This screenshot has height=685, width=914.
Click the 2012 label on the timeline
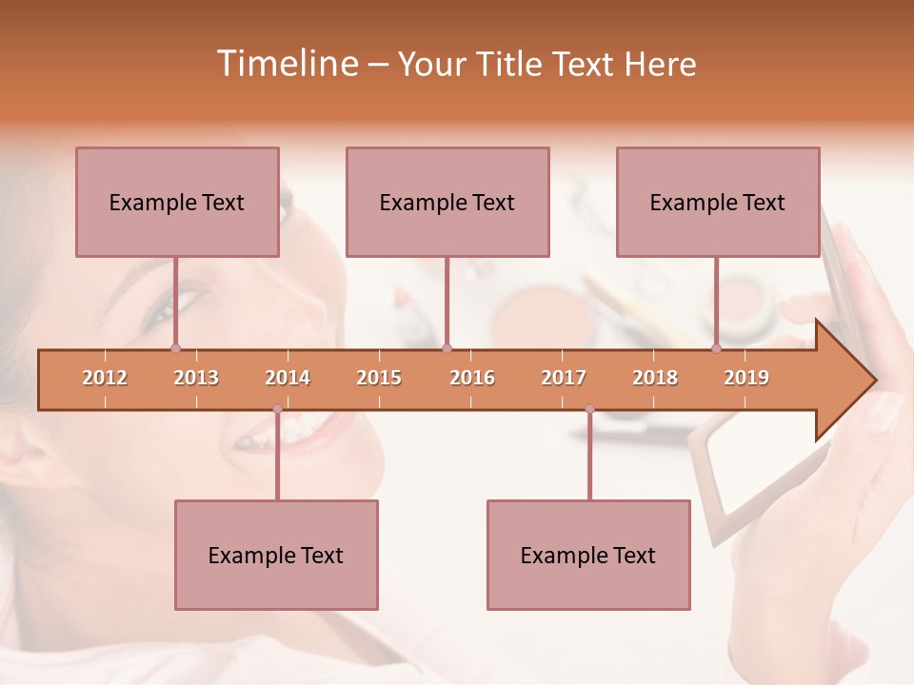[x=105, y=378]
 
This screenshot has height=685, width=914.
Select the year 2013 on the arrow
[x=196, y=378]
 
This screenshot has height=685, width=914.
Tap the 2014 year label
[x=288, y=378]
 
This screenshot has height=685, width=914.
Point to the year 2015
[x=379, y=378]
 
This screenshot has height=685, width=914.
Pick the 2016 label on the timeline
[x=472, y=378]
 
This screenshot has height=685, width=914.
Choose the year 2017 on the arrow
[x=564, y=378]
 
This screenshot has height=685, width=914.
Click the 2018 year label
[x=655, y=378]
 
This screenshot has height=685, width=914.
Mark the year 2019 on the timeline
[x=746, y=378]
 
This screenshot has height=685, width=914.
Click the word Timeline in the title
[x=286, y=64]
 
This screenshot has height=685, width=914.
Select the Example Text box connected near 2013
[x=177, y=202]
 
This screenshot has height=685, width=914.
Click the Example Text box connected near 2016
[x=447, y=202]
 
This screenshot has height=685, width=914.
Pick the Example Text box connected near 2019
[x=718, y=202]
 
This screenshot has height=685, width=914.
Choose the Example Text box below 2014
[x=276, y=555]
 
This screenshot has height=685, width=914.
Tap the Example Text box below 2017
[x=588, y=555]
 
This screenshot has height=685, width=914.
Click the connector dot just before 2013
[x=175, y=348]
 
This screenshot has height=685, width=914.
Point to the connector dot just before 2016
[x=447, y=348]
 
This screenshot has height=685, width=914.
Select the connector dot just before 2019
[x=717, y=348]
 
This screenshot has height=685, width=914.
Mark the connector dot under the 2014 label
[x=277, y=409]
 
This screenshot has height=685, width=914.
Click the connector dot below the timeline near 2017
[x=589, y=409]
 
